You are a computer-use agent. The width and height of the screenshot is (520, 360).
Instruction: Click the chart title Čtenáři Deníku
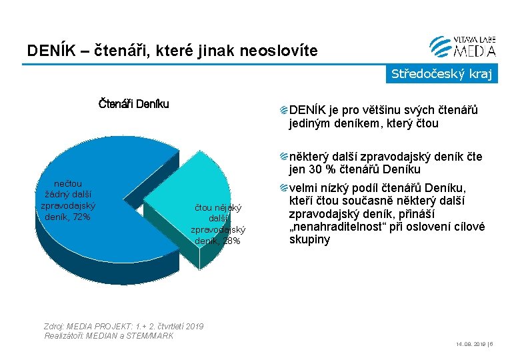[x=133, y=103]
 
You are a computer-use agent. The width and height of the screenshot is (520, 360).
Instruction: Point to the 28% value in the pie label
[x=231, y=241]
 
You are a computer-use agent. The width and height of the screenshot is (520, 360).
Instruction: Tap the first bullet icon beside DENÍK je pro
[x=284, y=110]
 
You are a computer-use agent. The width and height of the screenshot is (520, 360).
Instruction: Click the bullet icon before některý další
[x=284, y=157]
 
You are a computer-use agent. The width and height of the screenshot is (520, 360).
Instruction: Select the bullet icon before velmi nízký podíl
[x=284, y=188]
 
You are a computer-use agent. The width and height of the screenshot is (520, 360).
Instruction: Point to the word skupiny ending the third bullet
[x=309, y=239]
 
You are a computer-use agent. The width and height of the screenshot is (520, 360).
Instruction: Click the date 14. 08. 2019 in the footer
[x=467, y=345]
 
